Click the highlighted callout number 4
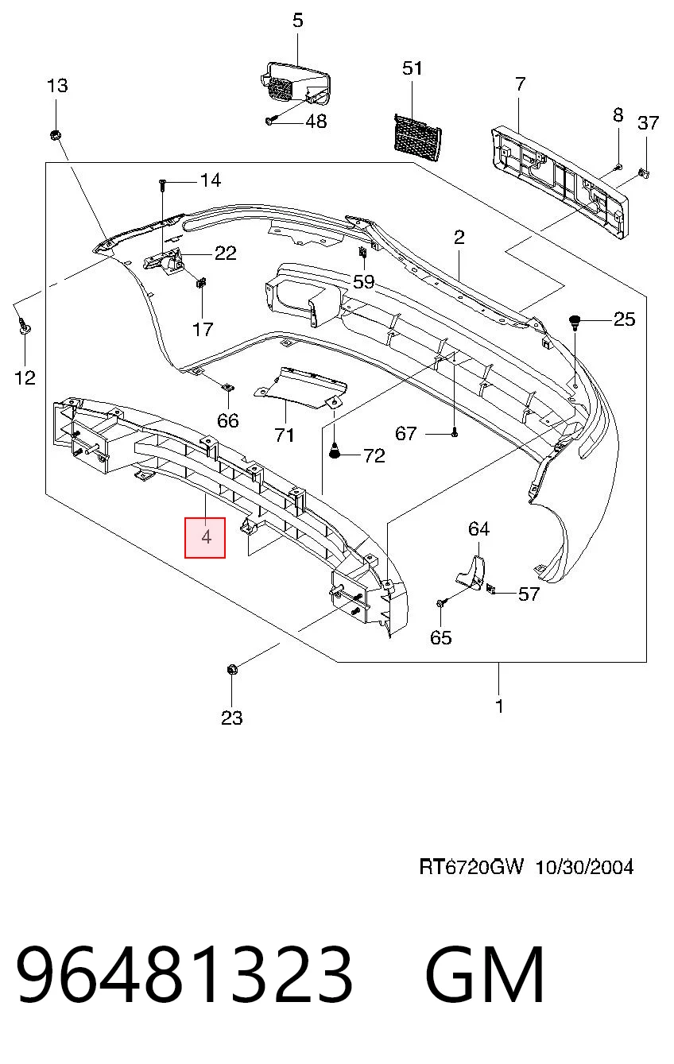tap(206, 537)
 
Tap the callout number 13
tap(57, 86)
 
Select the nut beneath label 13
tap(54, 135)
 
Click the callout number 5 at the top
tap(297, 21)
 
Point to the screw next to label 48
tap(270, 121)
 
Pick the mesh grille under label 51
tap(417, 137)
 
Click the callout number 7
tap(520, 84)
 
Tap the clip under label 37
tap(644, 173)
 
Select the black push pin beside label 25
tap(575, 321)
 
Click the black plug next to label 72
tap(335, 451)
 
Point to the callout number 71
tap(284, 435)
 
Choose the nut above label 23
tap(232, 670)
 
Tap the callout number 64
tap(478, 529)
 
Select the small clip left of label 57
tap(490, 590)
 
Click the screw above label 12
tap(24, 326)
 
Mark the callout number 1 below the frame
tap(498, 706)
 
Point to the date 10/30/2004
tap(584, 867)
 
